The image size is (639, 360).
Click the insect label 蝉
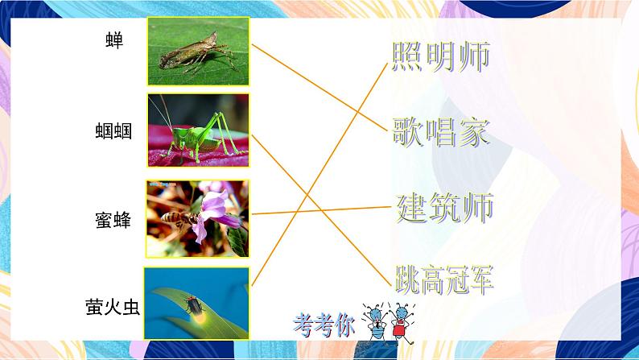coord(114,40)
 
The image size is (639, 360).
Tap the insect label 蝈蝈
coord(113,130)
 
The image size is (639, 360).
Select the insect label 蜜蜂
coord(113,220)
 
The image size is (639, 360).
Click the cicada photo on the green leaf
coord(199,52)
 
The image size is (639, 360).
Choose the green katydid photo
coord(199,129)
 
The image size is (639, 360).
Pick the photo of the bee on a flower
coord(198,218)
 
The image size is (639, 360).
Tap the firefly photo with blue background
coord(197,303)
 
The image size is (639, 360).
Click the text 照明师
coord(441,56)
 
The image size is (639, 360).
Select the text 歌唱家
coord(441,130)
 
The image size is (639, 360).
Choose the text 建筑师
coord(444,208)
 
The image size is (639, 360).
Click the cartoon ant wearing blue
coord(374,321)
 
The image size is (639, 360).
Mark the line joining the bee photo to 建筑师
coord(322,210)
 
